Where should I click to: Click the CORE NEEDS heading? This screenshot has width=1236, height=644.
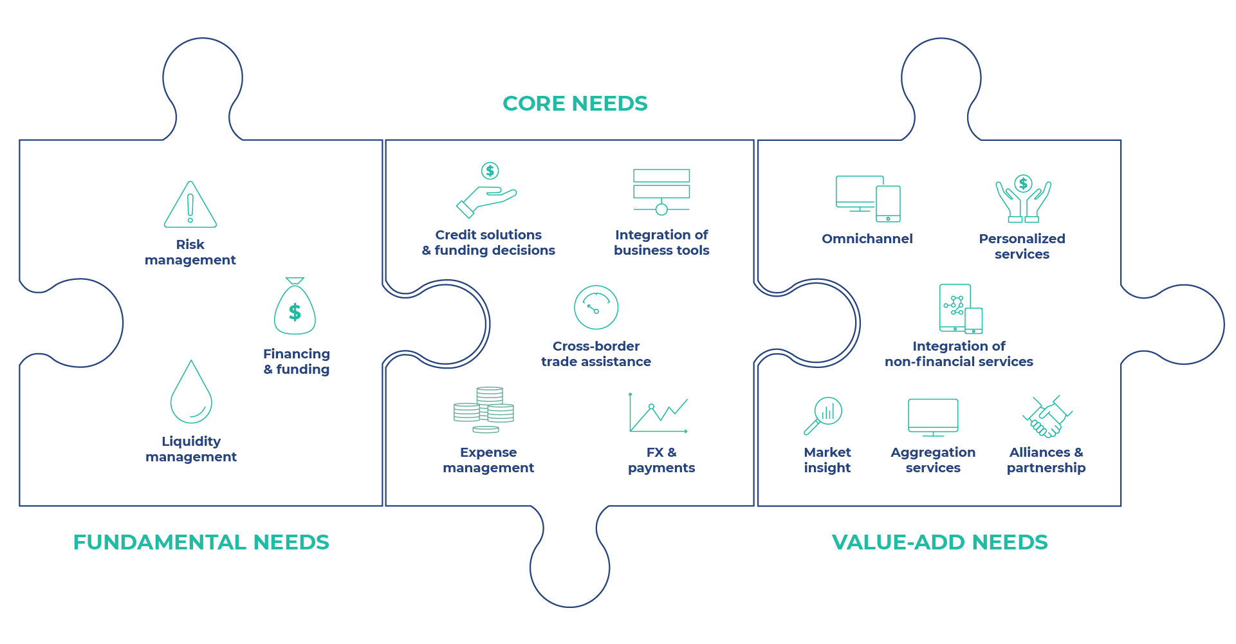pyautogui.click(x=575, y=104)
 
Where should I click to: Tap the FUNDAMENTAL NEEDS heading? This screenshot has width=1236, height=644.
pyautogui.click(x=201, y=542)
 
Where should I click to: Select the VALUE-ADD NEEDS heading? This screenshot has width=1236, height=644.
pyautogui.click(x=939, y=542)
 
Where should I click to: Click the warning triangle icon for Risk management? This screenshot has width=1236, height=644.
pyautogui.click(x=190, y=206)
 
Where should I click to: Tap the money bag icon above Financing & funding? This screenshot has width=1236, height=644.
pyautogui.click(x=295, y=308)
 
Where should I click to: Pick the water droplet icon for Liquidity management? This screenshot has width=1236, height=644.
pyautogui.click(x=191, y=392)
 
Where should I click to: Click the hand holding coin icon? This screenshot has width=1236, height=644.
pyautogui.click(x=486, y=191)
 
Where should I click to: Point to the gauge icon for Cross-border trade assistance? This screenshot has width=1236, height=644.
pyautogui.click(x=596, y=308)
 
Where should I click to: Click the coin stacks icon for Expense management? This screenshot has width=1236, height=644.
pyautogui.click(x=484, y=410)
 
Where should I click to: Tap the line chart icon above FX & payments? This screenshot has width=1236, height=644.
pyautogui.click(x=658, y=413)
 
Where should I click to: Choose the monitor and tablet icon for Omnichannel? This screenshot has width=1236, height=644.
pyautogui.click(x=867, y=198)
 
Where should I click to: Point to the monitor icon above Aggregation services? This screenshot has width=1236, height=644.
pyautogui.click(x=933, y=417)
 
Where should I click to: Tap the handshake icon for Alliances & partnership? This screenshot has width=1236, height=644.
pyautogui.click(x=1047, y=417)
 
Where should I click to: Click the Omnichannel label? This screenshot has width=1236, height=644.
pyautogui.click(x=867, y=239)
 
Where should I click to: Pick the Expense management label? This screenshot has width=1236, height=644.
pyautogui.click(x=488, y=460)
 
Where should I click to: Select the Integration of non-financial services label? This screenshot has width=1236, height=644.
pyautogui.click(x=959, y=354)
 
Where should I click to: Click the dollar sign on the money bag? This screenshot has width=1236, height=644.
pyautogui.click(x=295, y=313)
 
